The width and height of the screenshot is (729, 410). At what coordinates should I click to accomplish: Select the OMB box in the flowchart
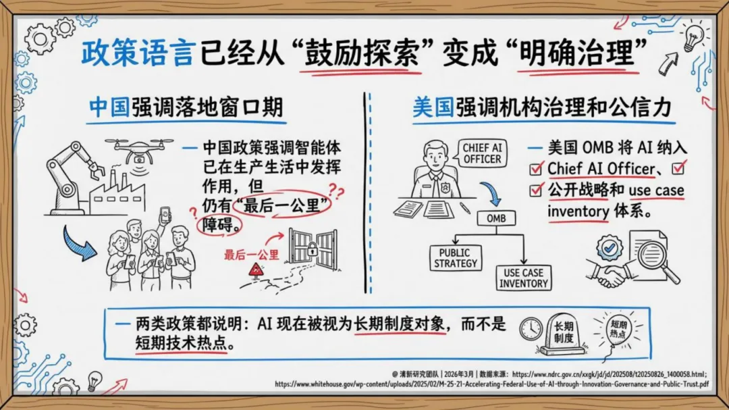[496, 218]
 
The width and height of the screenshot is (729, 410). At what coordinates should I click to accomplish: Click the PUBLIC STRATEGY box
[455, 258]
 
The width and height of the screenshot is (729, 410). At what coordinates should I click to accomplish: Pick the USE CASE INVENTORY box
[524, 278]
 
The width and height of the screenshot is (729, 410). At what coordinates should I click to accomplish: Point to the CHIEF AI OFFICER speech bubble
[482, 153]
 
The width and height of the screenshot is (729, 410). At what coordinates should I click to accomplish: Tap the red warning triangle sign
[256, 270]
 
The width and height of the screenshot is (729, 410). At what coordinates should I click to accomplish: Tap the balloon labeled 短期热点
[618, 330]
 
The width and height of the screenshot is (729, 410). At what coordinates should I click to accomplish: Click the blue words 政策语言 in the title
[137, 53]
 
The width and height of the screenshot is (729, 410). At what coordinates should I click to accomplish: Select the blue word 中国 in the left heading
[109, 107]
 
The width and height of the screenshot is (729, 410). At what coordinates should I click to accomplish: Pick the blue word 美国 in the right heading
[433, 107]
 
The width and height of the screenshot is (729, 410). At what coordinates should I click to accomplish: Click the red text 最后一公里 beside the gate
[252, 255]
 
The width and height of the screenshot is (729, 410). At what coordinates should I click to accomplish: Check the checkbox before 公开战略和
[535, 190]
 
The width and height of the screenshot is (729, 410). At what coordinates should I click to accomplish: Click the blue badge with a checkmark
[609, 247]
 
